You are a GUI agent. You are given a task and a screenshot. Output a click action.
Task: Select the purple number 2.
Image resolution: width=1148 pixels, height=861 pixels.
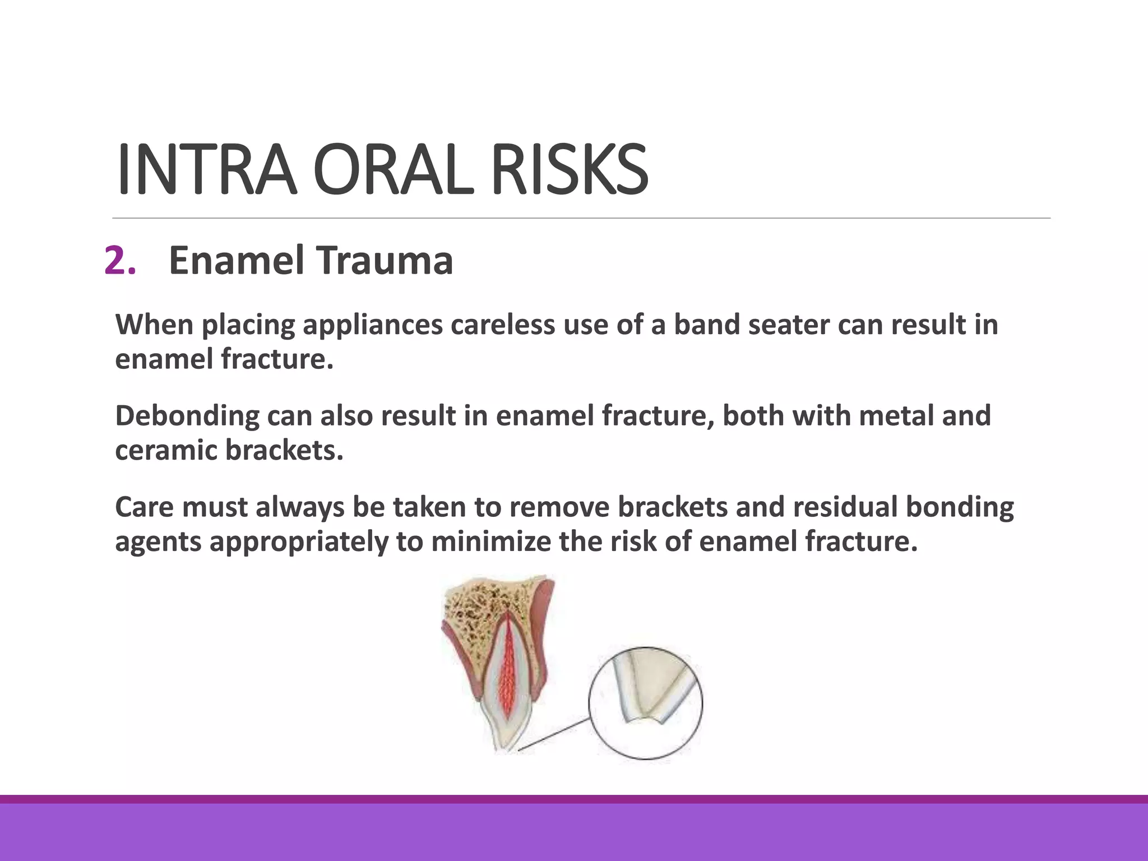[120, 261]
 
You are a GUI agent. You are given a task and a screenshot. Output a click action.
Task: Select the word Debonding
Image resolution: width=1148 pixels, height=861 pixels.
[187, 416]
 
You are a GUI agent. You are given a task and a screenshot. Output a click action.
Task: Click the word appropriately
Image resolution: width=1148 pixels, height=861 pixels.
[299, 542]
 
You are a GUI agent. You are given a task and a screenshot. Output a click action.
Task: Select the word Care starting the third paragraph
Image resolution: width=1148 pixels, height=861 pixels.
[145, 507]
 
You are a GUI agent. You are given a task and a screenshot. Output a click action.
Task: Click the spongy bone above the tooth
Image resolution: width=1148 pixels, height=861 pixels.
[476, 611]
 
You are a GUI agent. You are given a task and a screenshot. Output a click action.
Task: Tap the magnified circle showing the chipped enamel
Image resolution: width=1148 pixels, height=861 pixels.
[645, 703]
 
